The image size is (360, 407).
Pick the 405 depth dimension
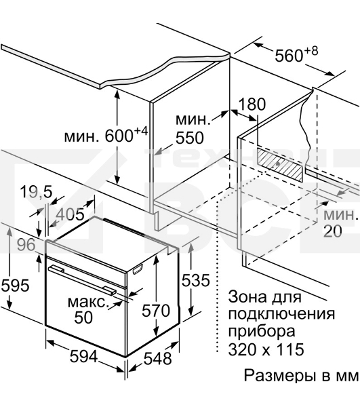coord(70,214)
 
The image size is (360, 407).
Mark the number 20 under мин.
coord(333,231)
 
